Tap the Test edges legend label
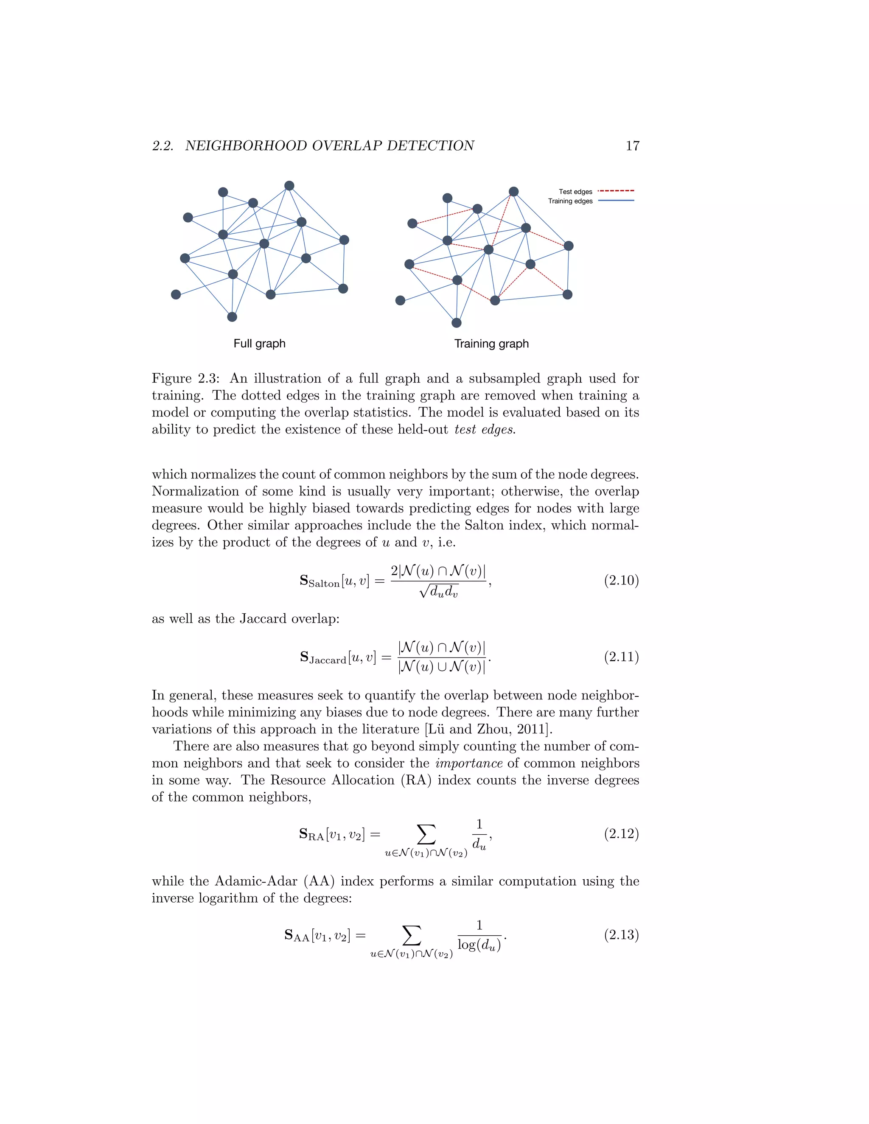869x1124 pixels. click(575, 191)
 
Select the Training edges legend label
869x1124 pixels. click(570, 201)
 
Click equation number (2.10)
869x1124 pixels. click(621, 581)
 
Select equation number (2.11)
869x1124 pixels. click(621, 657)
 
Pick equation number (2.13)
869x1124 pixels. click(621, 934)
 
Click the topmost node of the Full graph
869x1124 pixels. click(289, 186)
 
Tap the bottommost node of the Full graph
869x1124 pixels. click(232, 316)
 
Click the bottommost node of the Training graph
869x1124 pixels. click(456, 323)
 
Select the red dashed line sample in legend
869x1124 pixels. click(616, 191)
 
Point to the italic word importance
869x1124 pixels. click(468, 763)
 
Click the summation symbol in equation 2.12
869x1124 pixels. click(426, 834)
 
